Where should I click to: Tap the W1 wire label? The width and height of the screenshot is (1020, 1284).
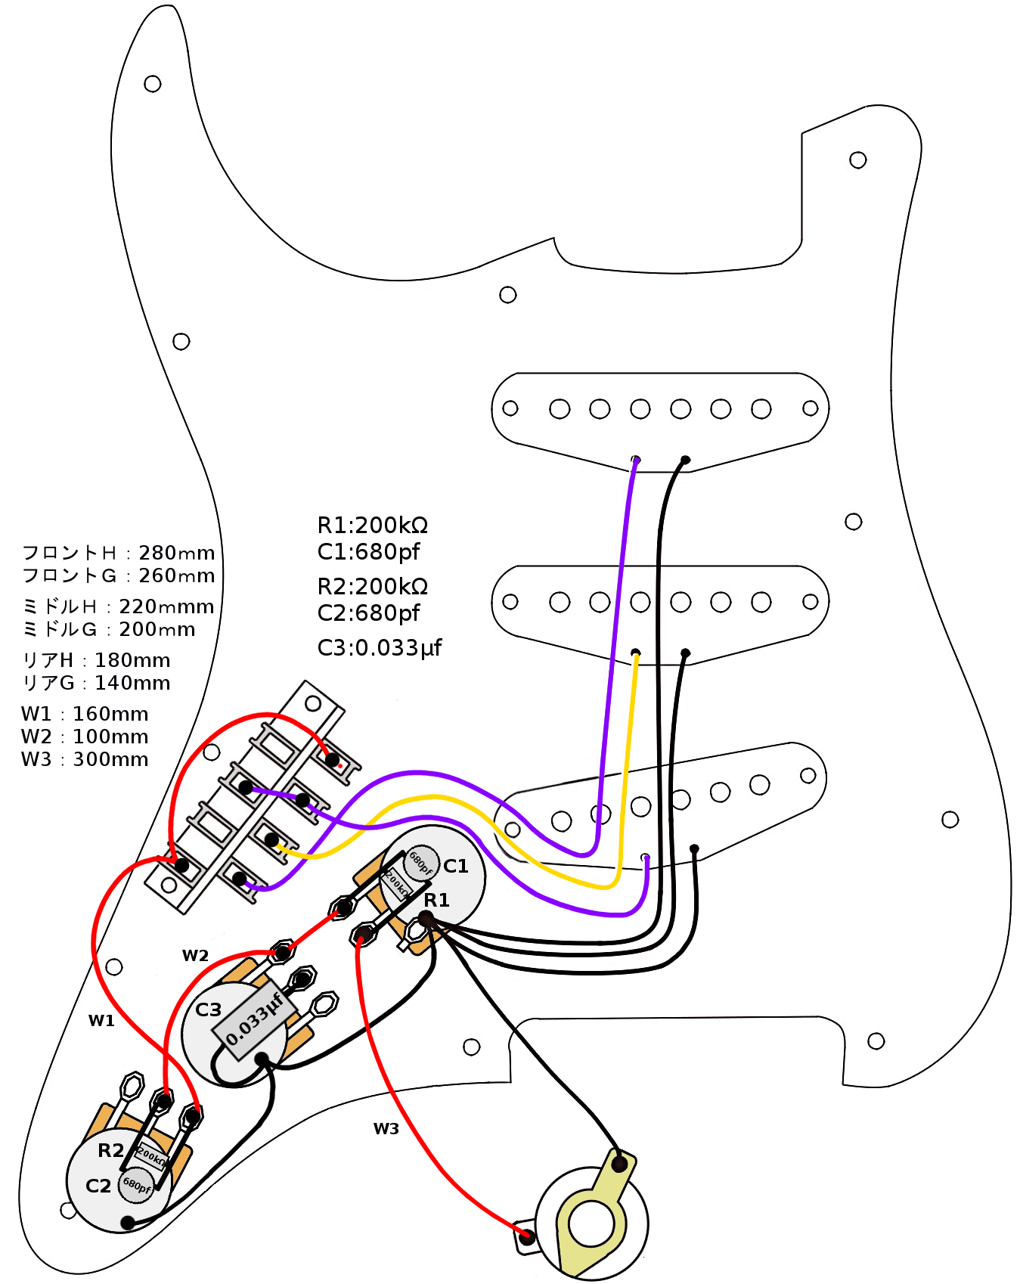pyautogui.click(x=101, y=1021)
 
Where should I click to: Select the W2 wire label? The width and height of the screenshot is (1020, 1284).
pyautogui.click(x=195, y=956)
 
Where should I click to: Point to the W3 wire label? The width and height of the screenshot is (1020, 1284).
pyautogui.click(x=386, y=1129)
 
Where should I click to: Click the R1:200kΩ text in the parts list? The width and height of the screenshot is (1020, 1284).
pyautogui.click(x=372, y=525)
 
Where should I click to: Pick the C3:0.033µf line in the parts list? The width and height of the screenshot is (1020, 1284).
pyautogui.click(x=379, y=648)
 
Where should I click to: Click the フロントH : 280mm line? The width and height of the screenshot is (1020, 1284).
pyautogui.click(x=118, y=553)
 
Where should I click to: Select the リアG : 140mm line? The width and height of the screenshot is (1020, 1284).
pyautogui.click(x=96, y=683)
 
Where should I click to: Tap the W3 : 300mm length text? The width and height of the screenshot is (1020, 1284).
pyautogui.click(x=85, y=759)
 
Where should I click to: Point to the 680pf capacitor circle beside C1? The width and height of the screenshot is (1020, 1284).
pyautogui.click(x=421, y=863)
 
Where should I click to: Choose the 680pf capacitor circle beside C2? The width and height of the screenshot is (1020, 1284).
pyautogui.click(x=137, y=1185)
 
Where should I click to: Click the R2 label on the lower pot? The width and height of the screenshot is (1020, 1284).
pyautogui.click(x=110, y=1150)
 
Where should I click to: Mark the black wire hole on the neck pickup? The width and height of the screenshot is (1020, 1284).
pyautogui.click(x=685, y=460)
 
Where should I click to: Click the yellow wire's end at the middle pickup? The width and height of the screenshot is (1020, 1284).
pyautogui.click(x=636, y=653)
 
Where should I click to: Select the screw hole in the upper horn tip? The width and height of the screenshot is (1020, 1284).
pyautogui.click(x=153, y=83)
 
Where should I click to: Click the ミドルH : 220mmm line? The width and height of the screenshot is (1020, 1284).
pyautogui.click(x=118, y=606)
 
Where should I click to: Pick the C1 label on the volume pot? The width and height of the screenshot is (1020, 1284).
pyautogui.click(x=456, y=866)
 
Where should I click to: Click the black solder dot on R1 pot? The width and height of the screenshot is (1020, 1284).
pyautogui.click(x=426, y=918)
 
